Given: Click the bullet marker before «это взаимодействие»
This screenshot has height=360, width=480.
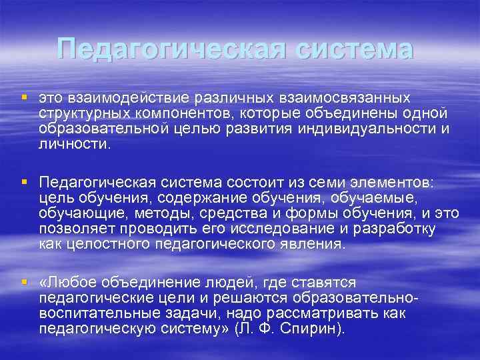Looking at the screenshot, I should click(x=25, y=98).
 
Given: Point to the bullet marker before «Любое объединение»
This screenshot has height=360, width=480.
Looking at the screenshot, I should click(x=25, y=282).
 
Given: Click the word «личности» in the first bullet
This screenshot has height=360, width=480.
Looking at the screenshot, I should click(x=71, y=143).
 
